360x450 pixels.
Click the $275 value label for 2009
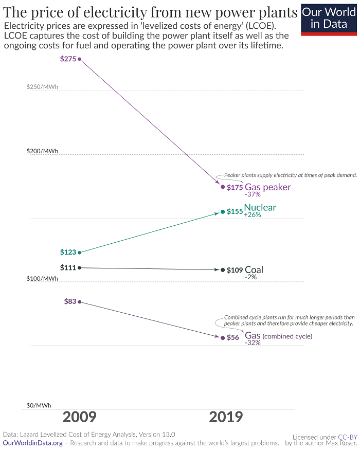point(68,59)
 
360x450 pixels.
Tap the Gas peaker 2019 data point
point(223,187)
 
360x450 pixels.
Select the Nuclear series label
point(260,208)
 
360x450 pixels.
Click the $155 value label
point(235,211)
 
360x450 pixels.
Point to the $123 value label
point(68,253)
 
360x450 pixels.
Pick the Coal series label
point(254,270)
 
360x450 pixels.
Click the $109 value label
point(235,270)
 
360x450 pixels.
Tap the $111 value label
point(68,267)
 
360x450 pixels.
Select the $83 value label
point(70,302)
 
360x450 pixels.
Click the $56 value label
point(233,338)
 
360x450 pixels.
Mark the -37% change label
point(253,195)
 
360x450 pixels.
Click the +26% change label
point(253,215)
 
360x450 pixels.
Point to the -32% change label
point(253,343)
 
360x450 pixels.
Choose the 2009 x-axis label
point(79,417)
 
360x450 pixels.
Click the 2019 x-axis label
point(226,417)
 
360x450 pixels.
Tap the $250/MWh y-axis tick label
point(42,87)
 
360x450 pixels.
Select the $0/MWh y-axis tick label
point(39,406)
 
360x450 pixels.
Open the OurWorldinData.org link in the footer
point(33,443)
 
